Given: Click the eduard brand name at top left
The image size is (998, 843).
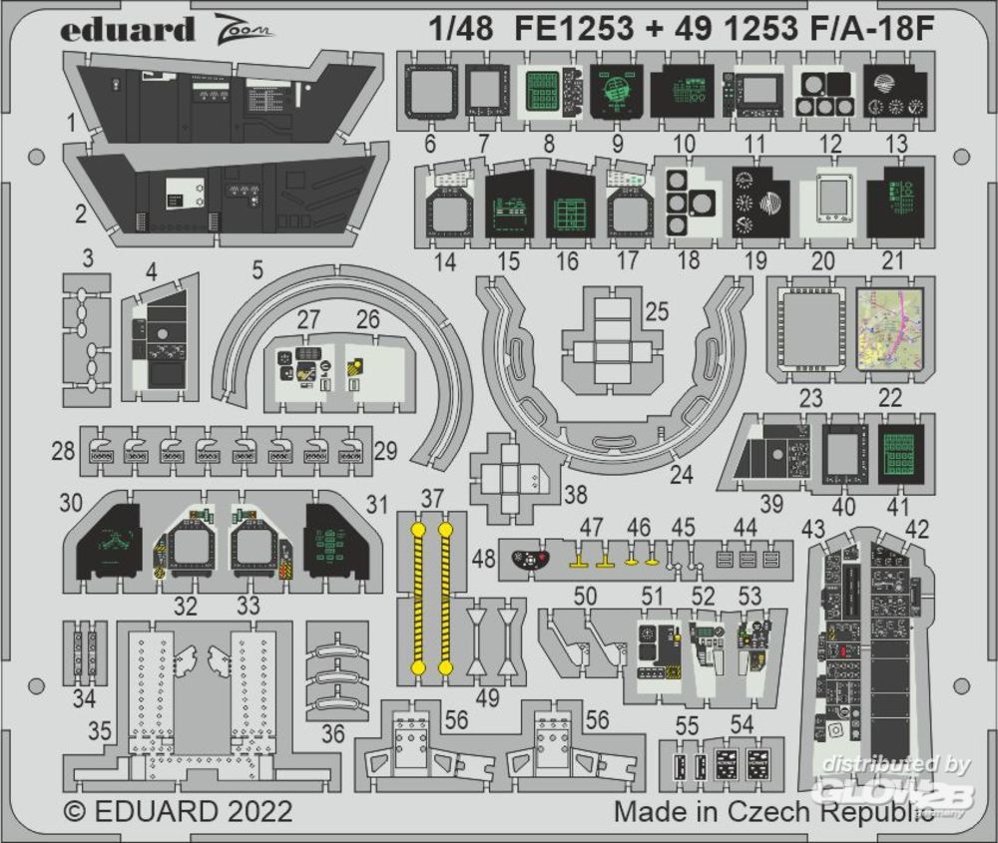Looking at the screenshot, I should point(127,29).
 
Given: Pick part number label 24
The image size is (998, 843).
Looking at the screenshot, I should point(681,475).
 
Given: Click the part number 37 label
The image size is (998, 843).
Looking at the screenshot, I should point(431,497).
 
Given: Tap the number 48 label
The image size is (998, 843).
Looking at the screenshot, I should point(483,561).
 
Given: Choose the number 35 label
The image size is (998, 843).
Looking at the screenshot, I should point(99,731).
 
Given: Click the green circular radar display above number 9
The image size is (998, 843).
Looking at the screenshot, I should point(612,93).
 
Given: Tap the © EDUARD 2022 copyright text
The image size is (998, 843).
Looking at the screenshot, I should point(178,810).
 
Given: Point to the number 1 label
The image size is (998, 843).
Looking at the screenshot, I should point(72,124).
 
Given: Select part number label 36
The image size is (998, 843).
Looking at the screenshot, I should point(332,734).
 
